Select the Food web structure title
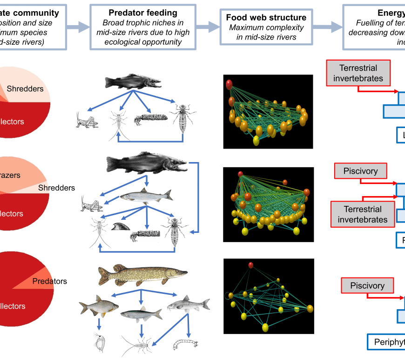266,18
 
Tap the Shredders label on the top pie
25,88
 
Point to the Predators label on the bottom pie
50,281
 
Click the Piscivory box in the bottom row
367,285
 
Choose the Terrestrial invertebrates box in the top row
358,73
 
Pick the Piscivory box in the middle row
360,171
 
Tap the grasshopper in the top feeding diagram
87,120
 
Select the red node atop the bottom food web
251,265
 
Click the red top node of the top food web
229,84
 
